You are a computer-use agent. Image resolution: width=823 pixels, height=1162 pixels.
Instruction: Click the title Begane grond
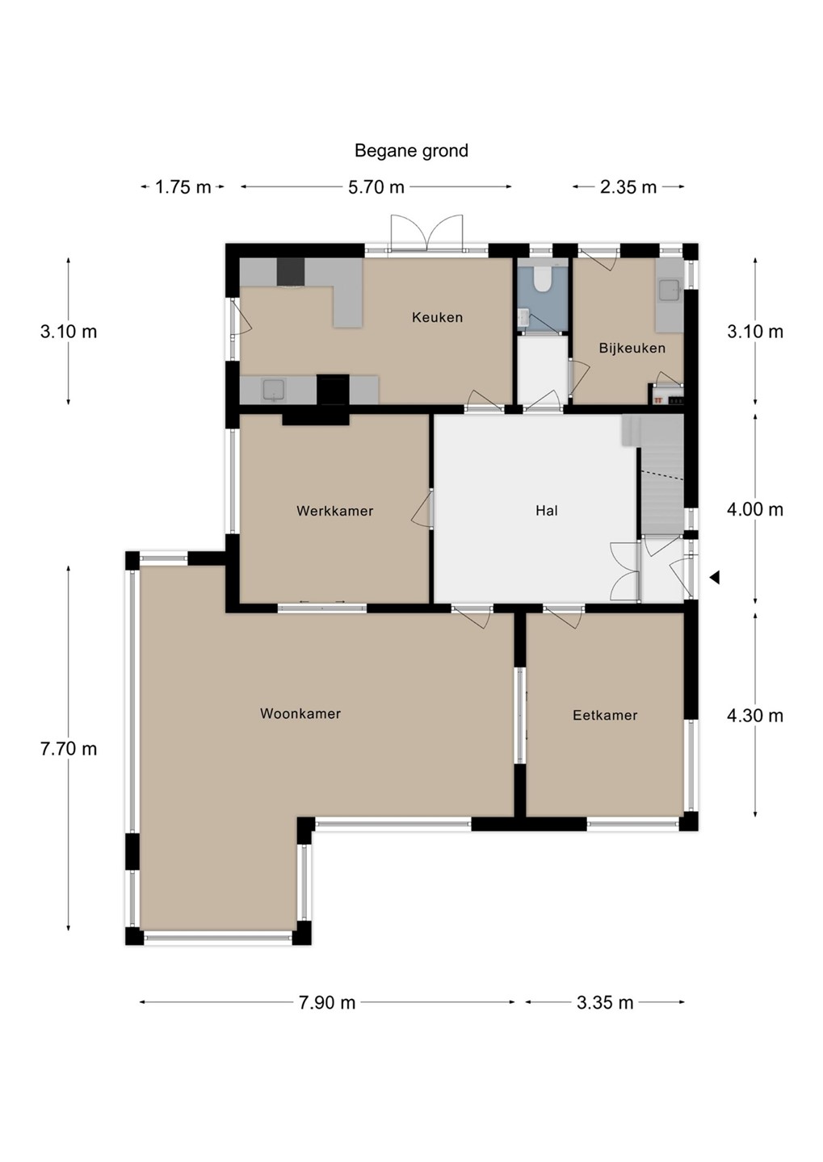click(411, 151)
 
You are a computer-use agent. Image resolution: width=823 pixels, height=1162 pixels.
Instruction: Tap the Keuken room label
click(437, 317)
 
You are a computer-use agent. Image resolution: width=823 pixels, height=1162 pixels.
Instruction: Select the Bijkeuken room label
click(632, 348)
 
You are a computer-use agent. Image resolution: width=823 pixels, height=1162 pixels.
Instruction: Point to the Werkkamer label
click(335, 511)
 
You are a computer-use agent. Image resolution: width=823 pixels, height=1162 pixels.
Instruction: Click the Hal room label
click(547, 511)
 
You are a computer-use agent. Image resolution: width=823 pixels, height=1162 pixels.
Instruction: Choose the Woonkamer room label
click(300, 713)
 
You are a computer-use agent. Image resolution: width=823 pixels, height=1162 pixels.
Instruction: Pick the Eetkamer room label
click(605, 715)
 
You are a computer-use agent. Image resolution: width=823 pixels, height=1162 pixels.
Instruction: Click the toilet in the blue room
click(543, 277)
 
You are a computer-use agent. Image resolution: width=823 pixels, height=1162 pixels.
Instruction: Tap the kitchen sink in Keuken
click(273, 390)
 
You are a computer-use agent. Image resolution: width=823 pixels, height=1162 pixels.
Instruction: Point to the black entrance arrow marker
click(715, 577)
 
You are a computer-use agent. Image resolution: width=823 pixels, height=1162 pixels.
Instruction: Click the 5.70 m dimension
click(376, 187)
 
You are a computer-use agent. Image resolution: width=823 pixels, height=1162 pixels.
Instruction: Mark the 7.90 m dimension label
click(327, 1003)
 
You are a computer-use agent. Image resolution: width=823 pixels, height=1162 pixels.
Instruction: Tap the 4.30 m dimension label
click(755, 716)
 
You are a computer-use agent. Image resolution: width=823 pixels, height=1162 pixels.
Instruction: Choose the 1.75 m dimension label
click(183, 187)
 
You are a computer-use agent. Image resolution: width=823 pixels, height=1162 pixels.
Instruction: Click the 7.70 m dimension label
click(69, 749)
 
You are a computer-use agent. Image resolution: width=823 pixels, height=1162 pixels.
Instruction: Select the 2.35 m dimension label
click(628, 187)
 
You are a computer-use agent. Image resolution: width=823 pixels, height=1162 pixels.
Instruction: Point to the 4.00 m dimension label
click(755, 510)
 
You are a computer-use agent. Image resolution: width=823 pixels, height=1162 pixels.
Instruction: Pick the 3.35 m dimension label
click(605, 1003)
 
